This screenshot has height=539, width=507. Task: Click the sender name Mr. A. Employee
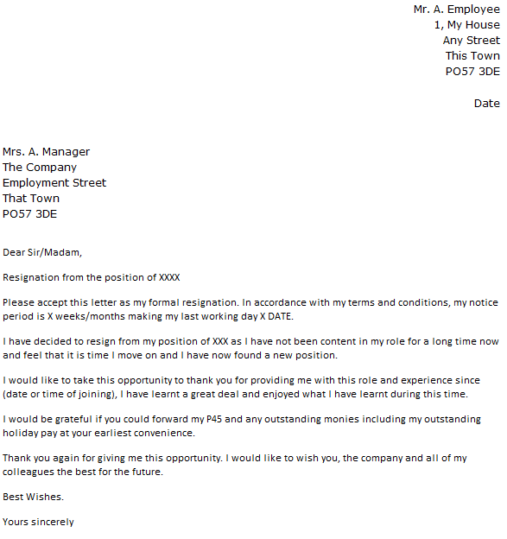[x=456, y=9]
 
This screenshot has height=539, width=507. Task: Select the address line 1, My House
[x=466, y=25]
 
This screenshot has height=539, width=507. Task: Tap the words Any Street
[x=471, y=41]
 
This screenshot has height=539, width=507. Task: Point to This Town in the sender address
[x=472, y=56]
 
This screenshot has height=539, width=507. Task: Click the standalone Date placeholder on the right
[x=486, y=104]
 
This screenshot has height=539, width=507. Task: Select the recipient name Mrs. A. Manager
[x=46, y=152]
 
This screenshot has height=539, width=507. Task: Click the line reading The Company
[x=40, y=168]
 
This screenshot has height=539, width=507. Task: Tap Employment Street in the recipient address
[x=54, y=183]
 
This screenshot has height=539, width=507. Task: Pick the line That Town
[x=31, y=199]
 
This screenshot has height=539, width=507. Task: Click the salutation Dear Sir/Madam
[x=42, y=253]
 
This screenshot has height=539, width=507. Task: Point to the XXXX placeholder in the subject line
[x=170, y=278]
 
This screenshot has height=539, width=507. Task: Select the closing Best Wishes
[x=33, y=498]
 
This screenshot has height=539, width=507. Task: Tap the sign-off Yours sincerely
[x=38, y=522]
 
